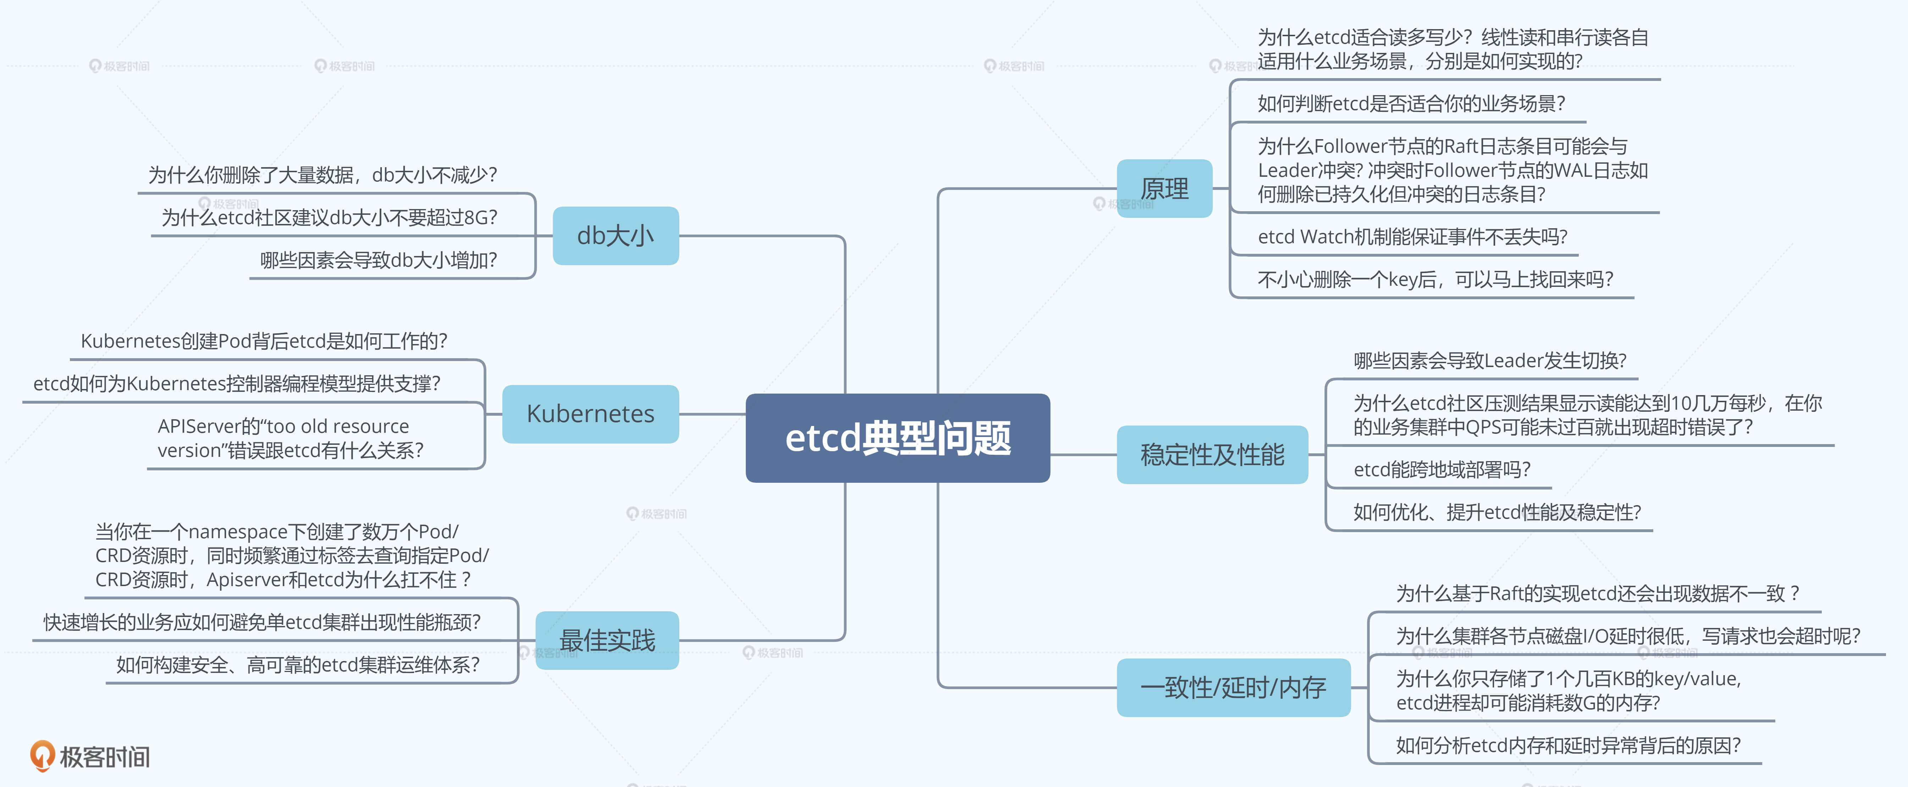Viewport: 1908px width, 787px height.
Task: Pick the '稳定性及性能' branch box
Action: tap(1212, 454)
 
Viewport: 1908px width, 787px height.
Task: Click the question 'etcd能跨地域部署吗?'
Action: tap(1441, 469)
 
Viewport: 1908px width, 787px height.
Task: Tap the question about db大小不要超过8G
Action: tap(329, 217)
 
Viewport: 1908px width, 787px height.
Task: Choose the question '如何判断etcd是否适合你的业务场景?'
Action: tap(1411, 103)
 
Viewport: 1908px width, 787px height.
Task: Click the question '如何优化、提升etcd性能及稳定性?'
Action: tap(1497, 512)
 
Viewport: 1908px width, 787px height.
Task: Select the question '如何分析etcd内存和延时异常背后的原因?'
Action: tap(1568, 745)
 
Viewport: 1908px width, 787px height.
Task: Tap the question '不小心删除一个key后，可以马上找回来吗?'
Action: tap(1435, 279)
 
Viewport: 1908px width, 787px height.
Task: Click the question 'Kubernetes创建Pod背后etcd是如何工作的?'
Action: tap(264, 341)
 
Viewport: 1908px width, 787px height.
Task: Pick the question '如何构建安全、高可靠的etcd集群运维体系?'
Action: tap(298, 665)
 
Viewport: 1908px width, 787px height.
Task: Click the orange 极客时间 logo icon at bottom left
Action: tap(42, 755)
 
